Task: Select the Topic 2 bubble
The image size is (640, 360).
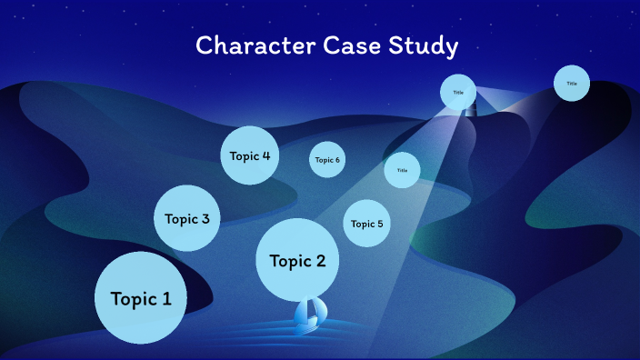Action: pos(297,261)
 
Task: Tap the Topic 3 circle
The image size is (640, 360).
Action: pos(187,218)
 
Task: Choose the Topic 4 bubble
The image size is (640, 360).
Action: pos(249,155)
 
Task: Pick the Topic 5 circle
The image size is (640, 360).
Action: pos(367,224)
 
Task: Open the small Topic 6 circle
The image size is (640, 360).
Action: pos(327,160)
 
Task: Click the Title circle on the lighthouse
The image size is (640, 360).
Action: pos(458,92)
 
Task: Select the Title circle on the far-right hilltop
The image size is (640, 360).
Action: pos(572,84)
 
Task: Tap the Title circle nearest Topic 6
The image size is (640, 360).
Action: pos(402,170)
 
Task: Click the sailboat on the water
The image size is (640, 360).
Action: pos(307,315)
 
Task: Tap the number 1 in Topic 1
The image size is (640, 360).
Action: pos(166,298)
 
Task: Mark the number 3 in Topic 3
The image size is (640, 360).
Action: pos(205,218)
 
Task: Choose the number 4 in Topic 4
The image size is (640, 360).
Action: pos(265,155)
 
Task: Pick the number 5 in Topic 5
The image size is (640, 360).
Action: pos(380,224)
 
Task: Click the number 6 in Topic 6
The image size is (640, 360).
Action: pos(337,160)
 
